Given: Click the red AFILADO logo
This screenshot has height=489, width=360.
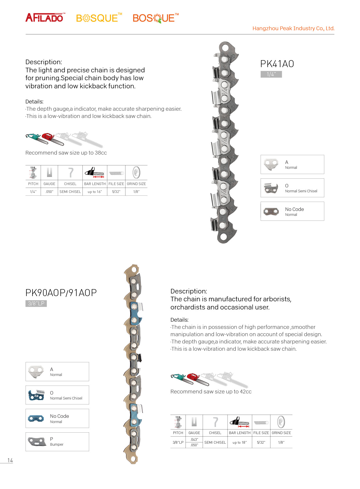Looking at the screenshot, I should coord(44,18).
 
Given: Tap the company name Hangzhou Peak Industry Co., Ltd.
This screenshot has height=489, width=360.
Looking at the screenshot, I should coord(293,28).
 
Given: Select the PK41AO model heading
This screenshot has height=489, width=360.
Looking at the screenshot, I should coord(277,64).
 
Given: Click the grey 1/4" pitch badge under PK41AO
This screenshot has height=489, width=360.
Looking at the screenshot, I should coord(271,74).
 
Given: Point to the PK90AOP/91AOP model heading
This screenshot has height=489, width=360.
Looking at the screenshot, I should coord(61,293).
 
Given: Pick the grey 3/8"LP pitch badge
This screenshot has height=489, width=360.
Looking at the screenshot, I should coord(36,304).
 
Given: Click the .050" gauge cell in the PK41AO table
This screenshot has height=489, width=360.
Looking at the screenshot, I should coord(49,192).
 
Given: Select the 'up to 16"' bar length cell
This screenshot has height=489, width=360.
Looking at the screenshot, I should coord(95,192).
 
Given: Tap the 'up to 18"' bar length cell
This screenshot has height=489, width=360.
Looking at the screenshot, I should coord(240,443).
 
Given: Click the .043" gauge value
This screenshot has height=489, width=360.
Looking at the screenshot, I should coord(194,440).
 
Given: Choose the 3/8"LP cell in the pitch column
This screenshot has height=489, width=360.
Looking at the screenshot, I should coord(178,443).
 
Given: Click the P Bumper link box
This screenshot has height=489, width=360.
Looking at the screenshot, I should coord(57,442).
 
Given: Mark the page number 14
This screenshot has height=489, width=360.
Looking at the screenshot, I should coord(10,461).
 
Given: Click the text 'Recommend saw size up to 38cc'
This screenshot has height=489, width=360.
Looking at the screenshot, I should coord(66,153).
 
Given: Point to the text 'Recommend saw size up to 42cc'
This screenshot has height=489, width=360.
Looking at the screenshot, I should coord(211,392).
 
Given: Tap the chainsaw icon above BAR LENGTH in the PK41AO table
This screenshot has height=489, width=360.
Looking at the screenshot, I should coord(95,173).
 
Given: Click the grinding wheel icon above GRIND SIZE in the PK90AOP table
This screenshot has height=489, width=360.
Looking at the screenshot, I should coord(281,422).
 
